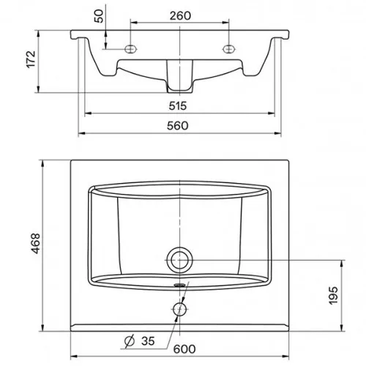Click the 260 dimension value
(180, 16)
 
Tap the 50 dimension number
(99, 16)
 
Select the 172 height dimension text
(31, 59)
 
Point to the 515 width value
(178, 106)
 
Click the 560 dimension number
(178, 126)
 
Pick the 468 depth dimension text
(36, 243)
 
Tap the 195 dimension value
(333, 296)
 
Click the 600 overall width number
(184, 349)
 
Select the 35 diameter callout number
(148, 341)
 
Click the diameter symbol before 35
(130, 341)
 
